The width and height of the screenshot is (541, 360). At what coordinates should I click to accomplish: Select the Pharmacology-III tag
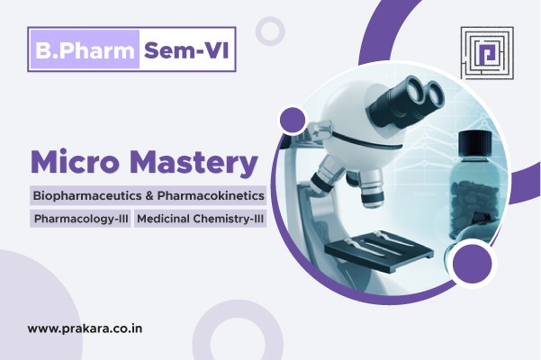click(x=81, y=219)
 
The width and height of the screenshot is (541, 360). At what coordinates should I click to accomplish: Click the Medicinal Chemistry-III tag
click(x=201, y=219)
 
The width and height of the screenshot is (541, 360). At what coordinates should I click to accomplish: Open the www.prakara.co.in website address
click(x=85, y=329)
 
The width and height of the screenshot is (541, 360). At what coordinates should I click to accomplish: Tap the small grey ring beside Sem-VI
click(x=269, y=31)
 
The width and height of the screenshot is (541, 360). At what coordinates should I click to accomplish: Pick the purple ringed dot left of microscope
click(x=293, y=119)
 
